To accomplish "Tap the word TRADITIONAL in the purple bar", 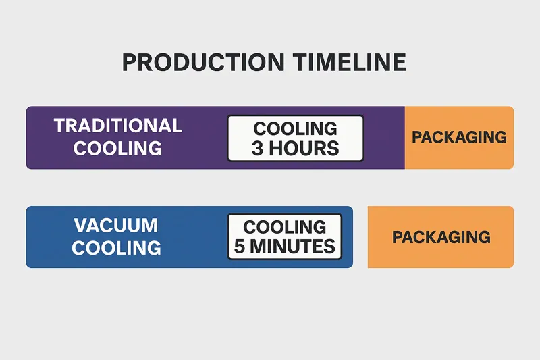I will coord(118,126).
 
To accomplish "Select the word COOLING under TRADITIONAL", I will coord(118,148).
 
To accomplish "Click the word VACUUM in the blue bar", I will coord(116,225).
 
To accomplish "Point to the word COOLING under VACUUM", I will coord(116,247).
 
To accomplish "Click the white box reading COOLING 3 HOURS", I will coord(295,138).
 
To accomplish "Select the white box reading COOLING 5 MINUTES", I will coord(284,236).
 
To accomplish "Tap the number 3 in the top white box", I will coord(257,149).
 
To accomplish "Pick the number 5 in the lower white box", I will coord(240,247).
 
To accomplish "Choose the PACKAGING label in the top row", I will coord(459,137).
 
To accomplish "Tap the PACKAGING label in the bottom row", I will coord(441,237).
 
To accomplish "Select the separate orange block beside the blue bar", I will coord(441,257).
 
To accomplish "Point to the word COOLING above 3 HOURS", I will coord(295,128).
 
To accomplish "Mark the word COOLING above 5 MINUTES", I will coord(284,226).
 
